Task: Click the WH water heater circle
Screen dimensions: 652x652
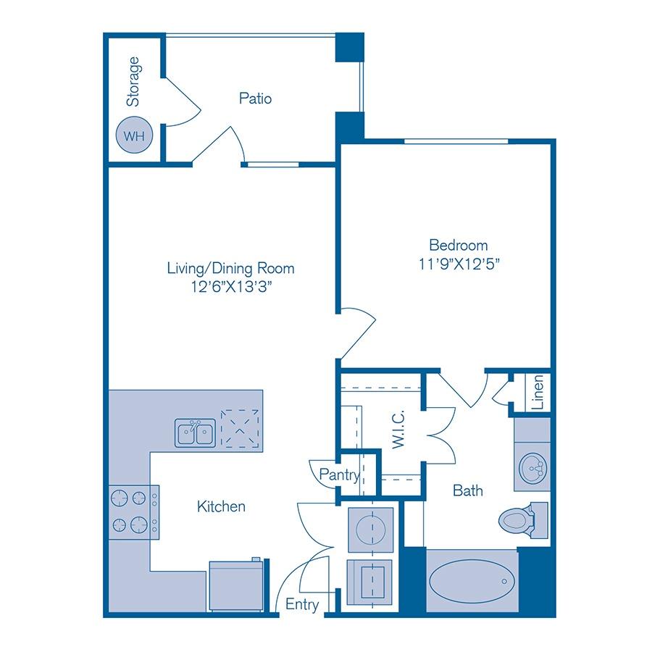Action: click(133, 135)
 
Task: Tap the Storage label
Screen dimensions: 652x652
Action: click(133, 82)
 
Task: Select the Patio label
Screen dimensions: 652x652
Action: click(255, 98)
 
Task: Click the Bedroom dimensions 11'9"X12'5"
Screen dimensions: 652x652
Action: click(458, 264)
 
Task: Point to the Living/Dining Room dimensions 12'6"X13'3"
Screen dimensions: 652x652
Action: click(230, 287)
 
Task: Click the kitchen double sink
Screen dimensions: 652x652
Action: click(194, 432)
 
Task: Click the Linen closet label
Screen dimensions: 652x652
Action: click(537, 393)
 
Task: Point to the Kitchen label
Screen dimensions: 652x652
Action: click(221, 506)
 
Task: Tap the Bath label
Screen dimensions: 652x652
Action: click(467, 490)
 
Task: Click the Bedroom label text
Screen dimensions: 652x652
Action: click(458, 245)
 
